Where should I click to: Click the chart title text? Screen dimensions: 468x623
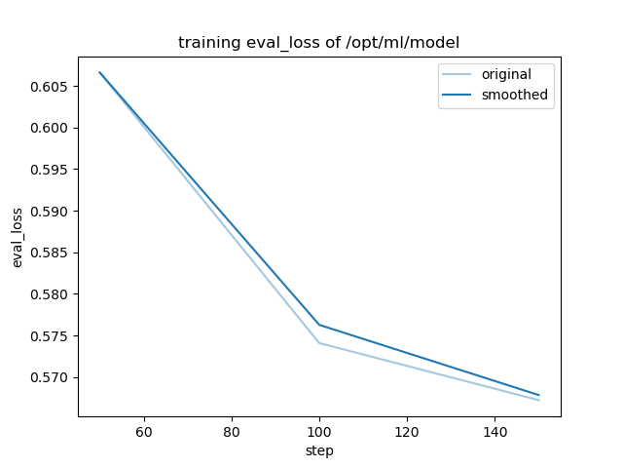click(x=319, y=43)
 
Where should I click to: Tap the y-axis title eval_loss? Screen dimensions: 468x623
click(x=18, y=238)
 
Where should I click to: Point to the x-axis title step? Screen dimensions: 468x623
click(x=319, y=450)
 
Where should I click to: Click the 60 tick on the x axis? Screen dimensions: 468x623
click(x=144, y=431)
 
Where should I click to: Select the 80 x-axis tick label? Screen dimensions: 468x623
click(x=232, y=431)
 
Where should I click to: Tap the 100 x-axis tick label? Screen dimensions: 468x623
click(x=319, y=431)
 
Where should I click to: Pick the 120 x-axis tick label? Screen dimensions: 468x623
click(x=407, y=431)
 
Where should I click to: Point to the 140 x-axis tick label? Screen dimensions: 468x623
click(x=495, y=431)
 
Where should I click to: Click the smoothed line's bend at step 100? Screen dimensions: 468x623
click(x=319, y=325)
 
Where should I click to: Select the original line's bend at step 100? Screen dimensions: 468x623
click(x=319, y=343)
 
